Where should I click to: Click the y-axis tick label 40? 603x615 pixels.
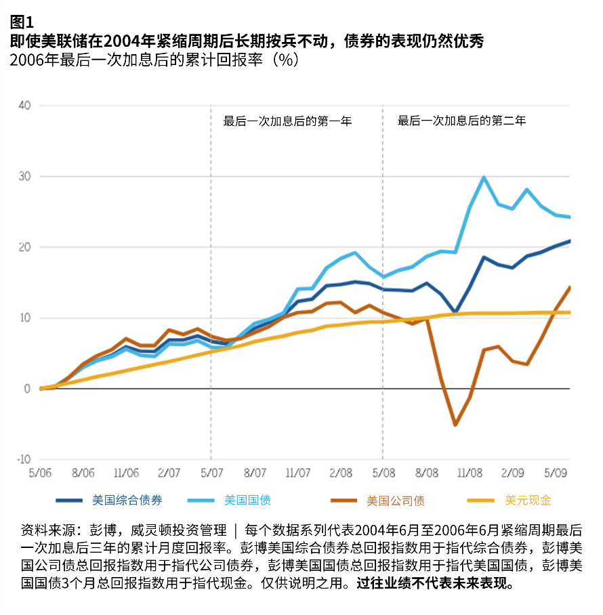coord(24,106)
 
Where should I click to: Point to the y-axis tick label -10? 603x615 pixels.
coord(22,459)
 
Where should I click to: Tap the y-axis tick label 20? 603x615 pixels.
coord(24,247)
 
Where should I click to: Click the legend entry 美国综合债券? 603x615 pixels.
coord(127,501)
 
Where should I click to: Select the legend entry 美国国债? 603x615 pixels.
coord(247,501)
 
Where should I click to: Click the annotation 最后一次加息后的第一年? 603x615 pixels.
coord(287,122)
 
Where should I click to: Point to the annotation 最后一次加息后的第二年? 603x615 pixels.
coord(461,121)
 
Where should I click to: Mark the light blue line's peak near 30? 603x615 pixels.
coord(484,177)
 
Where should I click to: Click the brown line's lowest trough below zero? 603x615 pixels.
coord(455,425)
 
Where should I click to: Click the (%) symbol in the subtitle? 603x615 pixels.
coord(284,60)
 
